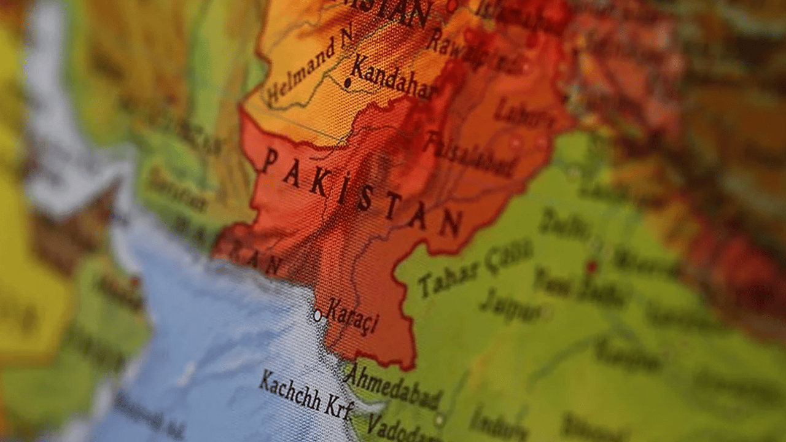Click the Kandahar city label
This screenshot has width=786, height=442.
[393, 78]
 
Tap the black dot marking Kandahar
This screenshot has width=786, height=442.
[348, 82]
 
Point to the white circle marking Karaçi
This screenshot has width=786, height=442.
[317, 316]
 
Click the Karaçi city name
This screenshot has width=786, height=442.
[352, 316]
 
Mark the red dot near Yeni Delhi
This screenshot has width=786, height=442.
[591, 267]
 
